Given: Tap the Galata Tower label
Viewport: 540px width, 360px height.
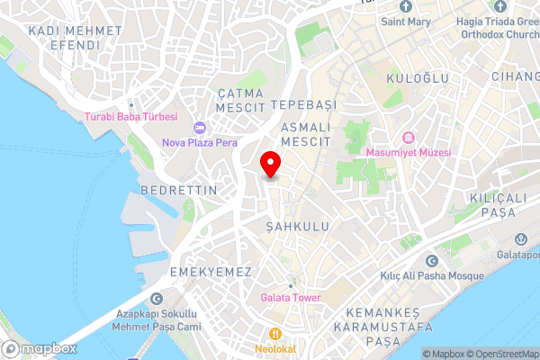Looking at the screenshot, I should point(290,298).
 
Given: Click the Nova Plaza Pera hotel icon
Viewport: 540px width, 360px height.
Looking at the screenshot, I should point(200,128).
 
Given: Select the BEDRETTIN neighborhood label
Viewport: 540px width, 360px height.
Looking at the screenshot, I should point(179,191).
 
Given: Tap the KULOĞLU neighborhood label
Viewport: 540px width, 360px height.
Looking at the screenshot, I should point(417,79).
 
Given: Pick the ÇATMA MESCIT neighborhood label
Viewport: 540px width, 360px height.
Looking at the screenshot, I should point(239,99).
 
